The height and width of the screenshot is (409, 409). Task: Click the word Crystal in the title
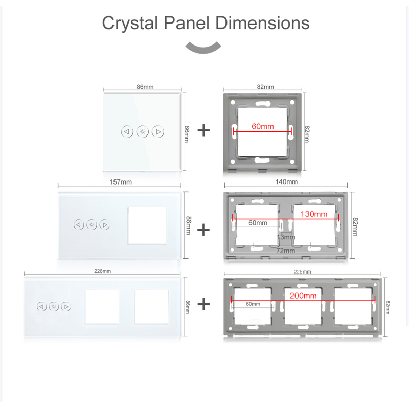130,24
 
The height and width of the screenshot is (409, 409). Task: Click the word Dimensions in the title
262,22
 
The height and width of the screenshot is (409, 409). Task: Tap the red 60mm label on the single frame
263,126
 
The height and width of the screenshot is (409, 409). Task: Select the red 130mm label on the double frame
314,214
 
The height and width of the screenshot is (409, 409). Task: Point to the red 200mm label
303,296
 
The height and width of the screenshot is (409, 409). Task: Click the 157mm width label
121,182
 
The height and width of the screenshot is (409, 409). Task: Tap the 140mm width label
286,181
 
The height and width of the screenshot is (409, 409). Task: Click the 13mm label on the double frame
286,237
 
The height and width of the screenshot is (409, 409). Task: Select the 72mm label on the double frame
286,251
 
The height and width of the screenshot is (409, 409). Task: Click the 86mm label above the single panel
145,87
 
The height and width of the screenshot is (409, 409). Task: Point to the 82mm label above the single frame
265,87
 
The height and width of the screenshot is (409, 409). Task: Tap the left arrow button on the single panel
127,132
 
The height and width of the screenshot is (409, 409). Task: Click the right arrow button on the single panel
158,132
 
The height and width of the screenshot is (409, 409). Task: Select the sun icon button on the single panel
143,132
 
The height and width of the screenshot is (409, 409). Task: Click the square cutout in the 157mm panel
147,225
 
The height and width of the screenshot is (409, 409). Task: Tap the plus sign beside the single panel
203,130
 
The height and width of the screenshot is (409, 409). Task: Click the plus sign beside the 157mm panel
203,230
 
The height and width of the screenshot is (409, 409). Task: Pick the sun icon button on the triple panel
54,307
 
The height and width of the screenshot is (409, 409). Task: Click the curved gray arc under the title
203,48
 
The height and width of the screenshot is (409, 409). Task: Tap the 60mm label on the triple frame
253,304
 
